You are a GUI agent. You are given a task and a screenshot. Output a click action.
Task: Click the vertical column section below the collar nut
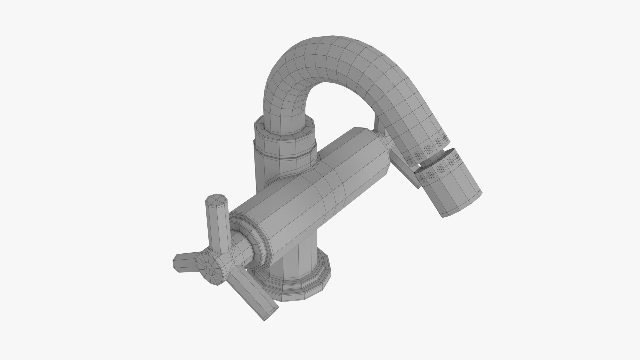pos(267,167)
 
